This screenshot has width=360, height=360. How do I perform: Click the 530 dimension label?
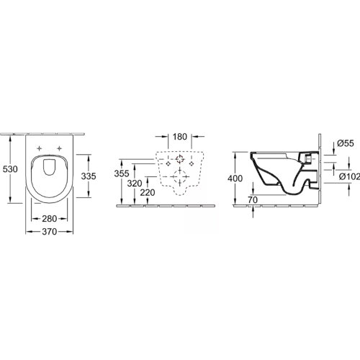10,169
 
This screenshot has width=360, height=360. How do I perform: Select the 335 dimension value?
89,176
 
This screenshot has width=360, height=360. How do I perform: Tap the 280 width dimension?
50,219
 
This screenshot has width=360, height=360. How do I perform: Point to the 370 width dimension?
50,232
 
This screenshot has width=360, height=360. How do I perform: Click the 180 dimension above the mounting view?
180,137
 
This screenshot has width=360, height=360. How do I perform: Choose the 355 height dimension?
122,174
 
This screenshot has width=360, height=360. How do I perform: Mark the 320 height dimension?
135,184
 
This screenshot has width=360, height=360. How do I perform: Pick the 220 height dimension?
148,192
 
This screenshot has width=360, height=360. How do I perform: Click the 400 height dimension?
235,179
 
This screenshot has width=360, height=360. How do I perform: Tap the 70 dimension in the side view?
253,199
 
